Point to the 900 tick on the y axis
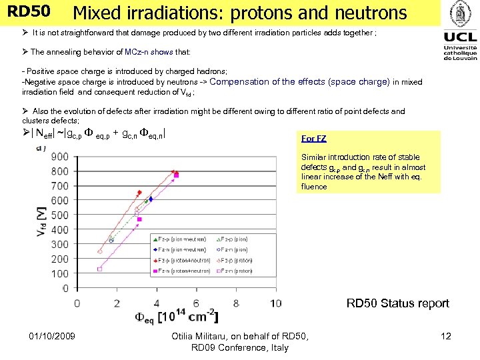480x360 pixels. [59, 157]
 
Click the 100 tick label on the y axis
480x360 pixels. [59, 273]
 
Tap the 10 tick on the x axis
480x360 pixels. [275, 303]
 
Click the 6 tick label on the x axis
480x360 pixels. [196, 303]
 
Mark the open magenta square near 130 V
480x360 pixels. [99, 269]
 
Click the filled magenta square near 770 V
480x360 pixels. [177, 175]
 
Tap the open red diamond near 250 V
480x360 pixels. [100, 252]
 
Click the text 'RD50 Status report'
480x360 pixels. [397, 303]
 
